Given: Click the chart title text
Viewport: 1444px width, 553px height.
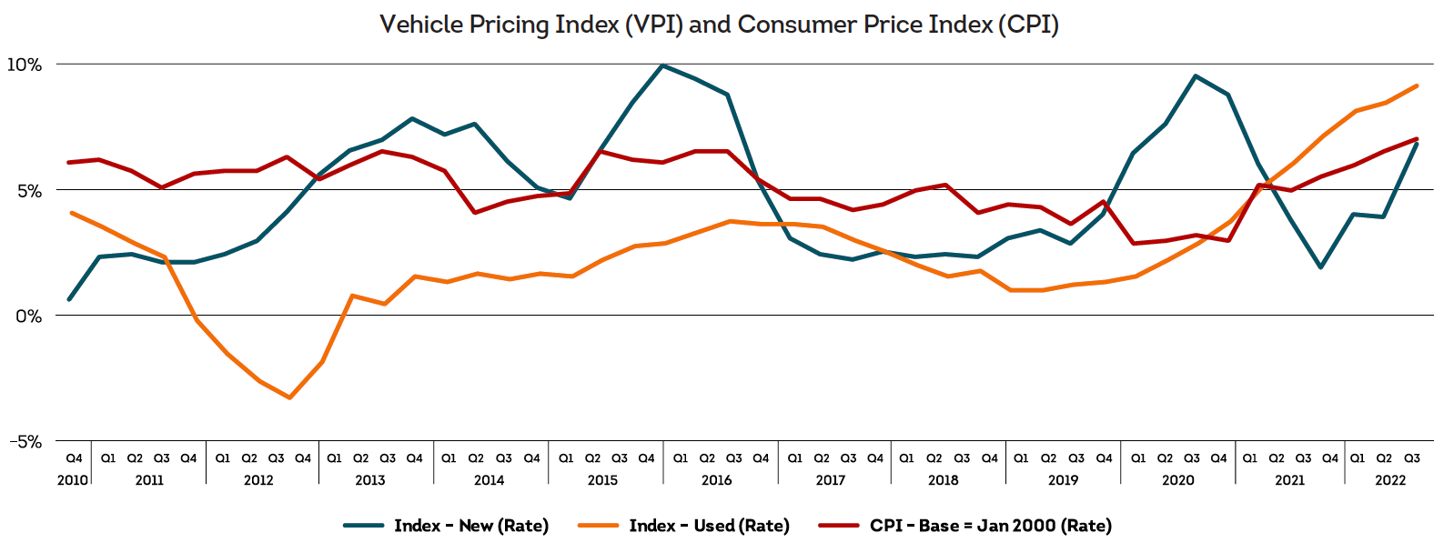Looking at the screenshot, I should coord(719,25).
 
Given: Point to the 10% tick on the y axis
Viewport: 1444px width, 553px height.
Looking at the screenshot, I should coord(25,65).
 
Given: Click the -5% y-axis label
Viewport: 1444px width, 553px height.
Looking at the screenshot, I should coord(25,442).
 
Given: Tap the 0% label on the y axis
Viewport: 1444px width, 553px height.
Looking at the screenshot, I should coord(28,317).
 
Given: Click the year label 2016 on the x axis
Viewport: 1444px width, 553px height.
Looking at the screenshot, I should coord(716,480).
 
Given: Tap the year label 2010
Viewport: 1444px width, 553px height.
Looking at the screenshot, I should coord(73,480).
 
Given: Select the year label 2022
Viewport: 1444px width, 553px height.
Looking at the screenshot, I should coord(1389,480).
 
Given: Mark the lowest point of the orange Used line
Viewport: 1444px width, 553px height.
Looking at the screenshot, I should coord(290,397).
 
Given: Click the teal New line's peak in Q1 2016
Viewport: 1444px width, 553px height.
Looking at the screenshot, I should coord(663,65).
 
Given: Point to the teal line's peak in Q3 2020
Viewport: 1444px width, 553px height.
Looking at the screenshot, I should coord(1195,76).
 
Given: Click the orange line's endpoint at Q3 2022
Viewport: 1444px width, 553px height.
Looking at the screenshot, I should coord(1417,86).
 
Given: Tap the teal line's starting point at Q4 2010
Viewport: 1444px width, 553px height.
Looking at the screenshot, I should coord(69,299).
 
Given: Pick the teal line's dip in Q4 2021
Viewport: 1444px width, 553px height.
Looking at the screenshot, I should coord(1320,267).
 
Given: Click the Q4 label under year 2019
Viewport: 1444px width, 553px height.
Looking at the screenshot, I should coord(1104,458).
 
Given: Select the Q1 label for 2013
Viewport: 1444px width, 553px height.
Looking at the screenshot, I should coord(334,458).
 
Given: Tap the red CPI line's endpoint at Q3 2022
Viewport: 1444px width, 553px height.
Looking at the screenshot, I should coord(1417,139).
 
